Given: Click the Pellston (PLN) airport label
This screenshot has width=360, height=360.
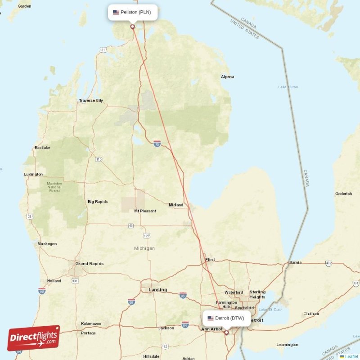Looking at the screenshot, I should (132, 12).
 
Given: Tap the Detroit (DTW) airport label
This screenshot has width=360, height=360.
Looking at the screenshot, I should (226, 318).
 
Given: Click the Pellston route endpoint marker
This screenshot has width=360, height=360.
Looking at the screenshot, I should (132, 27).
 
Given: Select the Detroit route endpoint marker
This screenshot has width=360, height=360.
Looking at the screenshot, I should (226, 333).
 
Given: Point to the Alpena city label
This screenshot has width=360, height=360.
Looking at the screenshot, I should (227, 77).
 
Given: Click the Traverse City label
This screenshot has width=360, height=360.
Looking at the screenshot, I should (91, 101).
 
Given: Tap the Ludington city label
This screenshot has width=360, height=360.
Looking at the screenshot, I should (34, 175).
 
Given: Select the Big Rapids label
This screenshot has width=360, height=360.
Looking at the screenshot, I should (98, 202).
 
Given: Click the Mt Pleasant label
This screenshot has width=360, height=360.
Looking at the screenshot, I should (145, 211).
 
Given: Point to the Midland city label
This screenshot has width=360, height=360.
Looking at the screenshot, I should (176, 205).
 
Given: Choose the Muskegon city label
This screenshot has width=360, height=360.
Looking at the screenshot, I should (47, 244).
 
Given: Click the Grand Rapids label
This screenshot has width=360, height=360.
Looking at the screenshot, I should (89, 264).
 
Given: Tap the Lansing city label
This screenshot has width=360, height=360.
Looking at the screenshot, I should (157, 290).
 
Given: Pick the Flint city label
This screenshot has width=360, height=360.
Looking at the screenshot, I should (210, 260).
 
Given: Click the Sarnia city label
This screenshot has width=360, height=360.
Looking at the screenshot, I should (295, 262).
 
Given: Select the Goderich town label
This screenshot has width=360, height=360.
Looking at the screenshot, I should (343, 194).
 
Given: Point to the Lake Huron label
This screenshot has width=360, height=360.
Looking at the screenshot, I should (288, 87).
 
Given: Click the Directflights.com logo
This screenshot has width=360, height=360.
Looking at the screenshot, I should (34, 338).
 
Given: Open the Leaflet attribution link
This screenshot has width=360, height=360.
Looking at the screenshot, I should (351, 356).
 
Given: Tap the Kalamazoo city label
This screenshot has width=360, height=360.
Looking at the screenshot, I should (91, 324).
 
